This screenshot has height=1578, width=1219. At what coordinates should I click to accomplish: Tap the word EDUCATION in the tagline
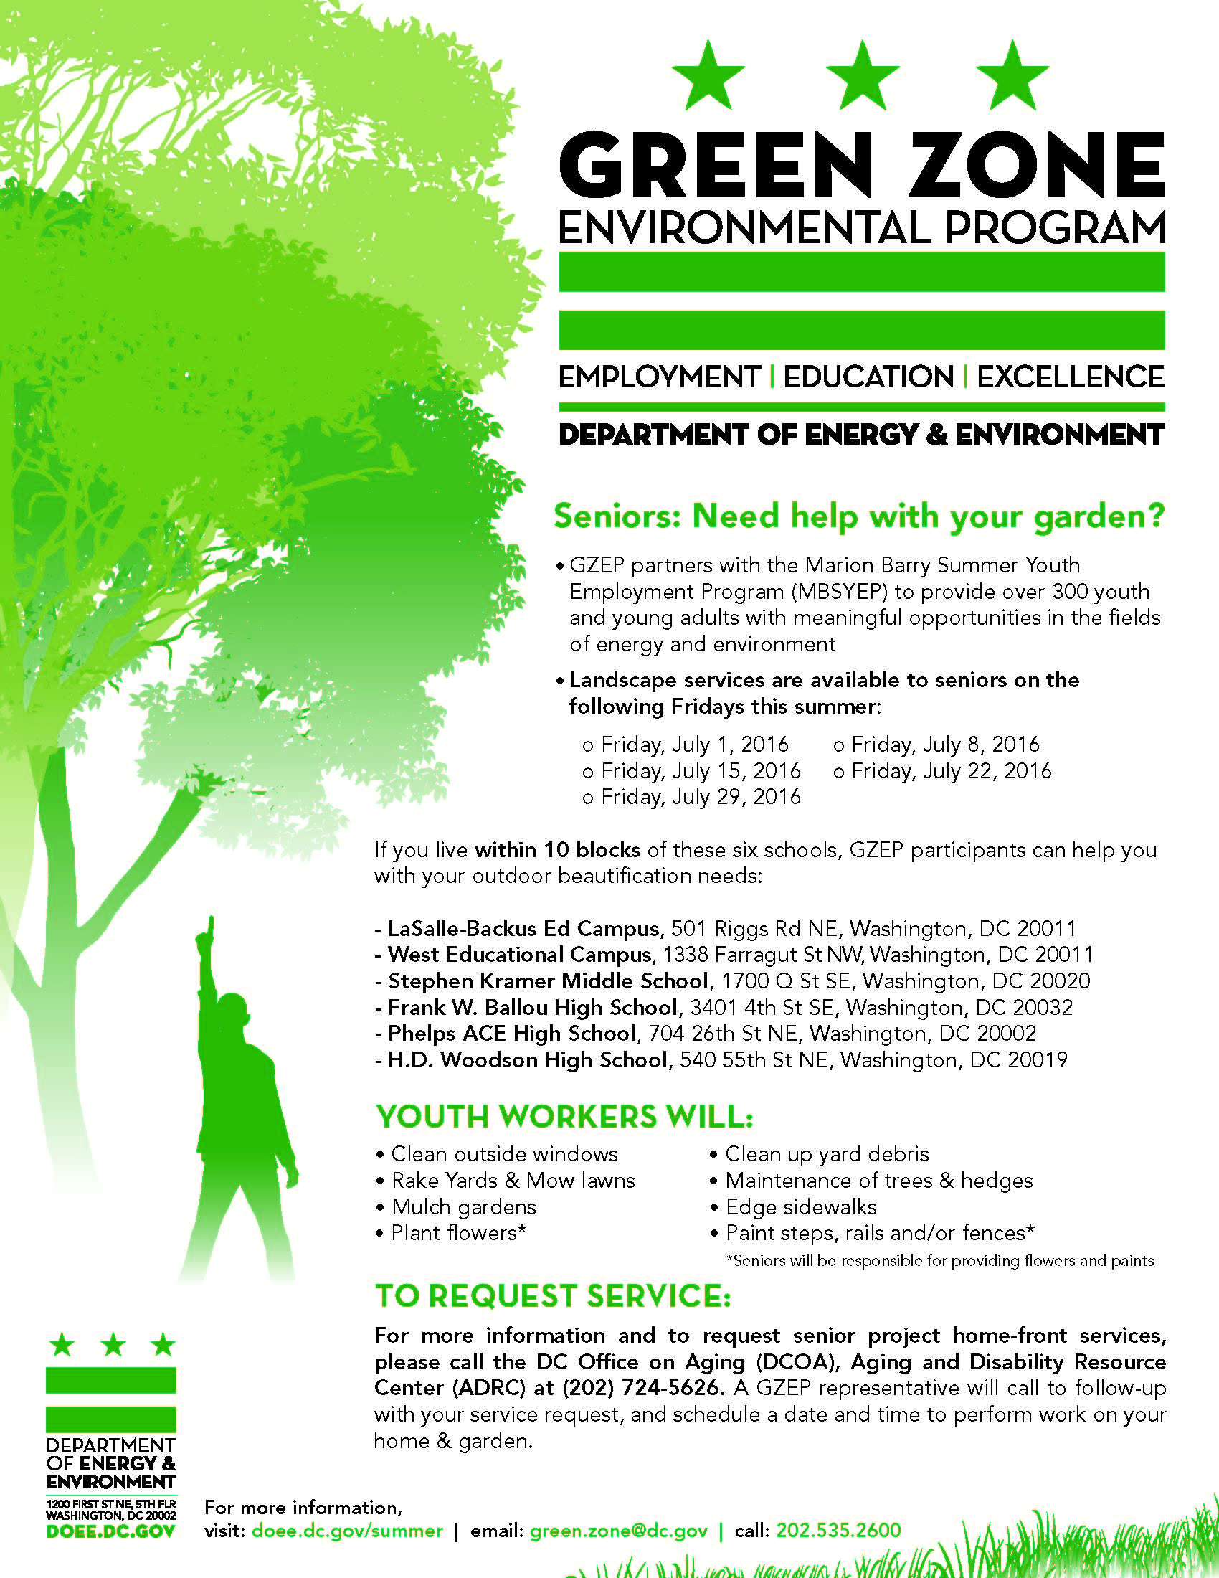tap(868, 377)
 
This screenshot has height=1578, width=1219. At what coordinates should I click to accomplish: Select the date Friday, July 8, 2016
tap(944, 745)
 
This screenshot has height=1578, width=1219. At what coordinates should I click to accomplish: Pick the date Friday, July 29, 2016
tap(700, 797)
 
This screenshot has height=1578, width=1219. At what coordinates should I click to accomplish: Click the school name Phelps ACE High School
tap(511, 1033)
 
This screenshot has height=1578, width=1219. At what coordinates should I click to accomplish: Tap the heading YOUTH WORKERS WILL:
tap(564, 1116)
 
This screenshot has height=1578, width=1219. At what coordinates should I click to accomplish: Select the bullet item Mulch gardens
tap(463, 1206)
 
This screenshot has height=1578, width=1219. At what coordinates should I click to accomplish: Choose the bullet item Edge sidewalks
tap(800, 1206)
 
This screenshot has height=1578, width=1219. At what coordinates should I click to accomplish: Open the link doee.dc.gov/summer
tap(346, 1531)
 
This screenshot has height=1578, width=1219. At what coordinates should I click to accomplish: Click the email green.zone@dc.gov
tap(618, 1531)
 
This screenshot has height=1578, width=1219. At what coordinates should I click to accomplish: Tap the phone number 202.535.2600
tap(838, 1531)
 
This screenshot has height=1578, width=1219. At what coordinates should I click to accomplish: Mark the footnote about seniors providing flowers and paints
tap(941, 1261)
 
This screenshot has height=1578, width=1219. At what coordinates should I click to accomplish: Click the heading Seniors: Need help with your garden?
tap(858, 516)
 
